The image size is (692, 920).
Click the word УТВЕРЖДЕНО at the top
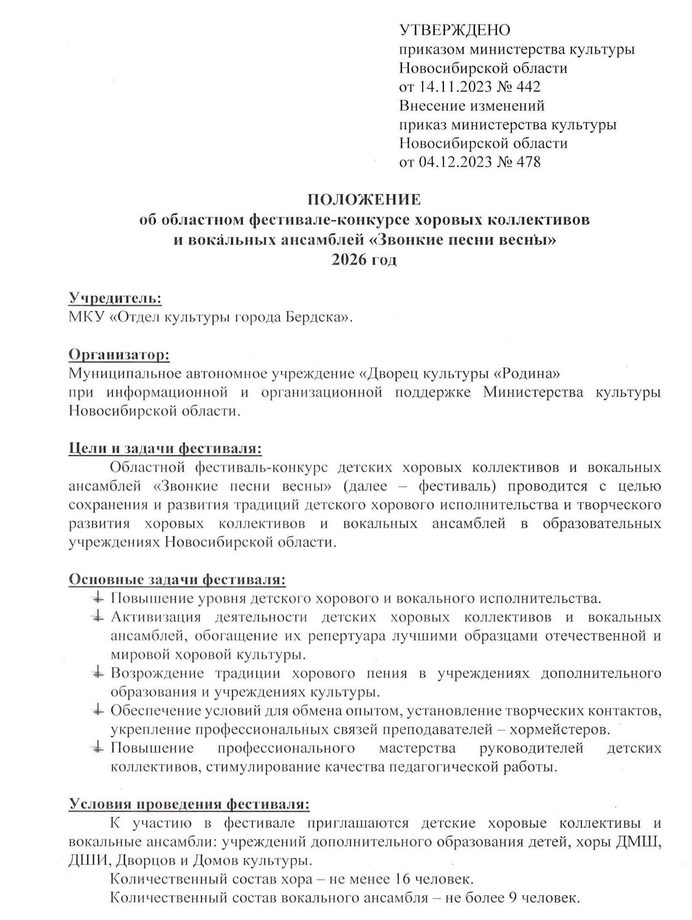tap(454, 30)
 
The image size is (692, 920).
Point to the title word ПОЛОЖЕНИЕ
tap(364, 199)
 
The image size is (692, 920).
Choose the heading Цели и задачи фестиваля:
tap(165, 448)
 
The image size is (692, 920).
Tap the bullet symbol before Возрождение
tap(97, 673)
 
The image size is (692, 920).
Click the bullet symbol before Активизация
tap(97, 617)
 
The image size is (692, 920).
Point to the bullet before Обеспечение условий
tap(97, 711)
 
